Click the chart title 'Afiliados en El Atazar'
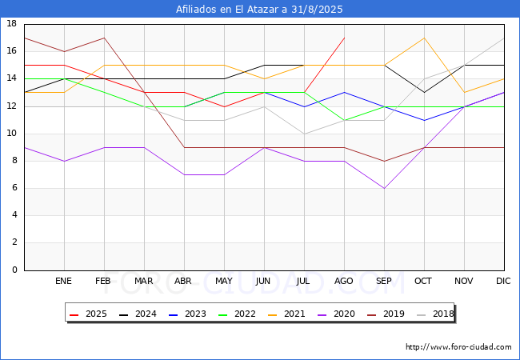coord(228,9)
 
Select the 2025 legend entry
coord(88,314)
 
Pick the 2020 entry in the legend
coord(336,314)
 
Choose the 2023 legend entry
coord(187,314)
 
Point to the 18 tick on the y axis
coord(12,23)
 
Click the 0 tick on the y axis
coord(14,270)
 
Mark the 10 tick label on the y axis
coord(12,134)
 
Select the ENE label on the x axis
coord(63,281)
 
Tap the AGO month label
coord(343,281)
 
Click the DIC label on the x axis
coord(503,281)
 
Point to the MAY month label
coord(224,281)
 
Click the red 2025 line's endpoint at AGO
coord(345,38)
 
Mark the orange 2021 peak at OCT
coord(425,38)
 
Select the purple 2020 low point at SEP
coord(384,188)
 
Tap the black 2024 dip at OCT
coord(425,93)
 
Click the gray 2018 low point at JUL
coord(305,134)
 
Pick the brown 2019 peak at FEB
coord(105,38)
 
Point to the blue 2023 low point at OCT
coord(425,120)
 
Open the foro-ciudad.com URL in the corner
coord(458,346)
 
